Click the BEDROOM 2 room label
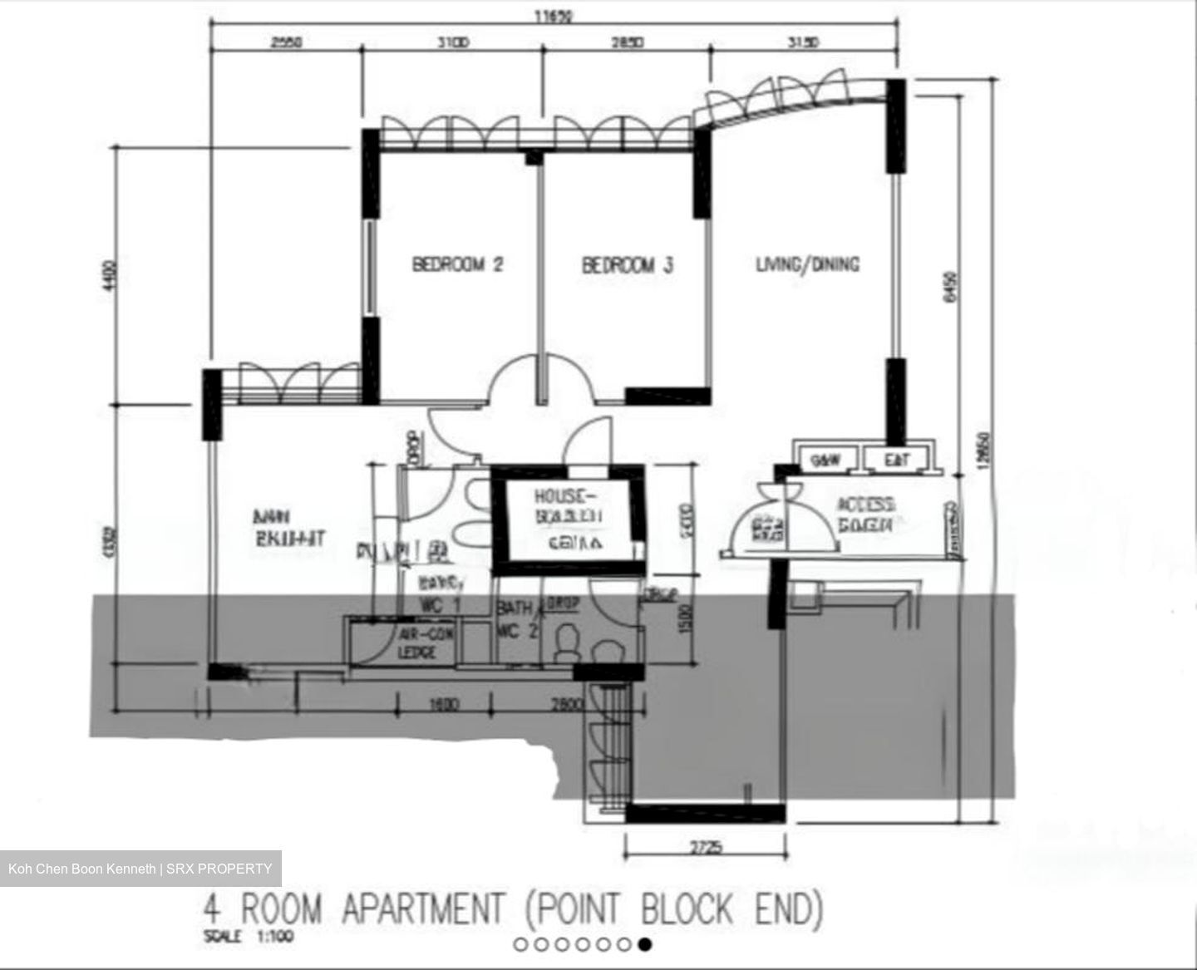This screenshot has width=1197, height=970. tap(457, 265)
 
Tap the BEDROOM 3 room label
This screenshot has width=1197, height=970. tap(627, 265)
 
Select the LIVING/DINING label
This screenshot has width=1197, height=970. tap(807, 264)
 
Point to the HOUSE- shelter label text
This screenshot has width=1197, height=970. tap(565, 496)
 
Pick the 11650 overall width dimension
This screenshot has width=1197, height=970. tap(554, 15)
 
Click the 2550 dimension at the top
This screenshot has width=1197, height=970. tap(287, 42)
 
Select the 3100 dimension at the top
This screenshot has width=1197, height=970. tap(453, 42)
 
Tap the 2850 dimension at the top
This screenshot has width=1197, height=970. tap(627, 42)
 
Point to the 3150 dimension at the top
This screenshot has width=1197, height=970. tap(803, 42)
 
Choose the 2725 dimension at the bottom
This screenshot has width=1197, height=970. tap(706, 848)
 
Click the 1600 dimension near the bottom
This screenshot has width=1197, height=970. tap(444, 705)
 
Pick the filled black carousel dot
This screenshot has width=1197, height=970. tap(645, 943)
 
